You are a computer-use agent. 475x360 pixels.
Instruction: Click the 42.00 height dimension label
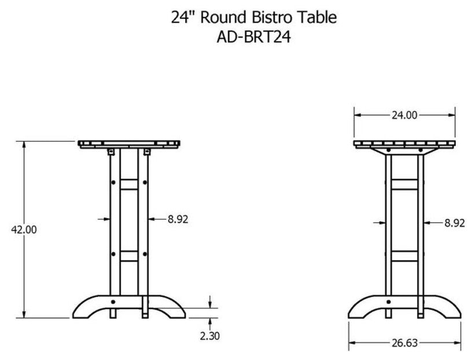24,230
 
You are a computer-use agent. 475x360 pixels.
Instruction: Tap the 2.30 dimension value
209,336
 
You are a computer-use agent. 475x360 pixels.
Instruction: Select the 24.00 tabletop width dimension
404,115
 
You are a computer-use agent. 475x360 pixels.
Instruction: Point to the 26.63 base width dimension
405,343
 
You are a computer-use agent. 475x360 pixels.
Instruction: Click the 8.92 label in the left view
178,219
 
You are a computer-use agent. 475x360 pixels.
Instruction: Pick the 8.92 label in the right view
454,223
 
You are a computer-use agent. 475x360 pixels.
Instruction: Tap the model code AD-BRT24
254,38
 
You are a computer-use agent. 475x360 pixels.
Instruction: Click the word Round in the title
223,17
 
